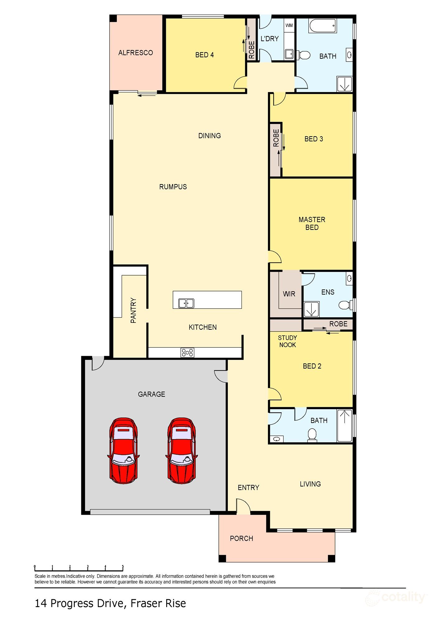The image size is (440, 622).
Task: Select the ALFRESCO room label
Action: [136, 53]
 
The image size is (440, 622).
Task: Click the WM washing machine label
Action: [289, 26]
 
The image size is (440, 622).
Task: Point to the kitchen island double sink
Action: [186, 303]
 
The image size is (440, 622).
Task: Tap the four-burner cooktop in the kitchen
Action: [187, 352]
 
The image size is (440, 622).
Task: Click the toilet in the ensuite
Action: [344, 304]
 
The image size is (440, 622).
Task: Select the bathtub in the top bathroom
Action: [322, 26]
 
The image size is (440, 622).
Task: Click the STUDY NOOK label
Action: [287, 341]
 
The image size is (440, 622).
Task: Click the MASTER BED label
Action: [312, 223]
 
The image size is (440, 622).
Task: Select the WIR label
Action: [289, 294]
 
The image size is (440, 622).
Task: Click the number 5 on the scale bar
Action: [123, 566]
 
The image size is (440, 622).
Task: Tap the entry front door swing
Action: [243, 507]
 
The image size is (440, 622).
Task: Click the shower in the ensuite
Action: [311, 309]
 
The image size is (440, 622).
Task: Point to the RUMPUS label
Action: [173, 187]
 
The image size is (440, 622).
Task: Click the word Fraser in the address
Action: [147, 604]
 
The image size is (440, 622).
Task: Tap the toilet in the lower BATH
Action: [312, 434]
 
